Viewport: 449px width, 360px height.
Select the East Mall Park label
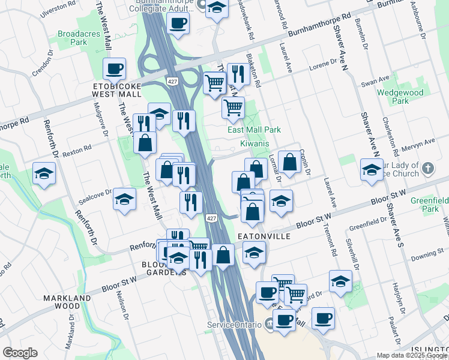click(254, 130)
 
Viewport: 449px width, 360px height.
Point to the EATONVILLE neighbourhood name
click(265, 236)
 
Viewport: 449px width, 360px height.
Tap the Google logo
click(20, 353)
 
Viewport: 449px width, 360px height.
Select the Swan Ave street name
click(375, 79)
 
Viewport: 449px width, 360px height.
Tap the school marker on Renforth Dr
click(44, 173)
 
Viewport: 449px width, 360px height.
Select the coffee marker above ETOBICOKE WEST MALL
click(114, 69)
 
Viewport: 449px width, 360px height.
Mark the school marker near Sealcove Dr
click(124, 199)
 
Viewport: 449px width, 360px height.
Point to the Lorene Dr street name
click(324, 67)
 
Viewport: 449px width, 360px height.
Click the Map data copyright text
click(412, 355)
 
